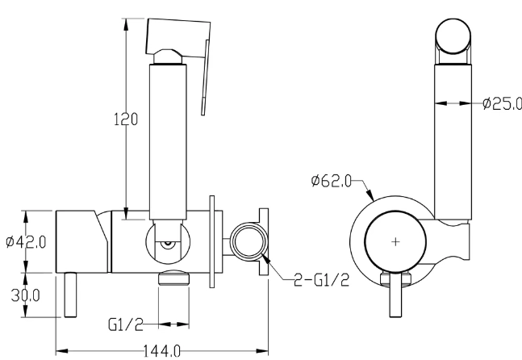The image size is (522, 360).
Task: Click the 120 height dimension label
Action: click(126, 119)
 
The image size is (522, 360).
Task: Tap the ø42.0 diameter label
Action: click(26, 241)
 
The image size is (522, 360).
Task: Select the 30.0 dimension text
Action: click(25, 295)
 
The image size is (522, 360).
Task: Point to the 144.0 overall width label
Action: click(162, 351)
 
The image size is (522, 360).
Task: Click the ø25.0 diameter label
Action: click(502, 103)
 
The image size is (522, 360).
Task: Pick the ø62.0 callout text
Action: click(332, 181)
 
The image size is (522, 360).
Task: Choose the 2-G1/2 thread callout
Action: click(322, 280)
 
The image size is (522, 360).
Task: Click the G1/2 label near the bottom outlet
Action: click(126, 324)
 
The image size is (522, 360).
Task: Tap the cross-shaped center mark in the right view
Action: click(395, 241)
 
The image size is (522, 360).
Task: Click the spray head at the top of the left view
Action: click(177, 39)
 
